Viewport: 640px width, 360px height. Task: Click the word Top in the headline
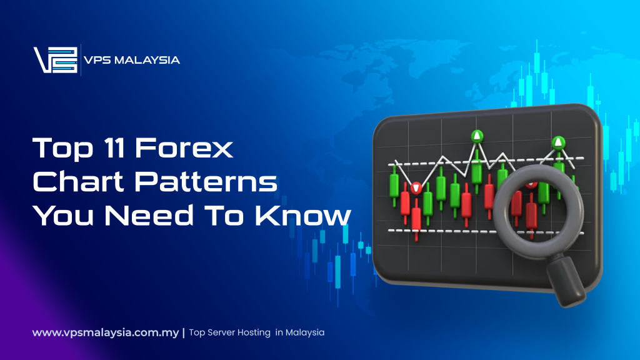point(57,149)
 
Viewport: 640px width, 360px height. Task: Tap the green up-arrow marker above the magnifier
point(557,142)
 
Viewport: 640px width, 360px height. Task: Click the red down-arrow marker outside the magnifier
point(416,187)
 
